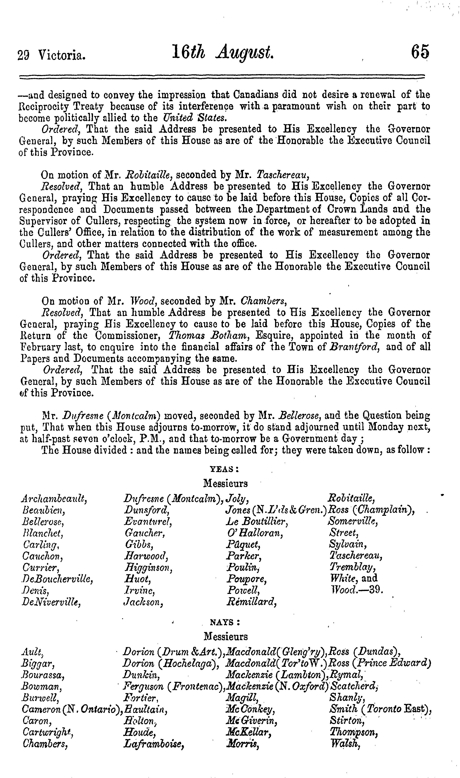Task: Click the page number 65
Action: (x=420, y=52)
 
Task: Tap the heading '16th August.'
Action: (x=223, y=52)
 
